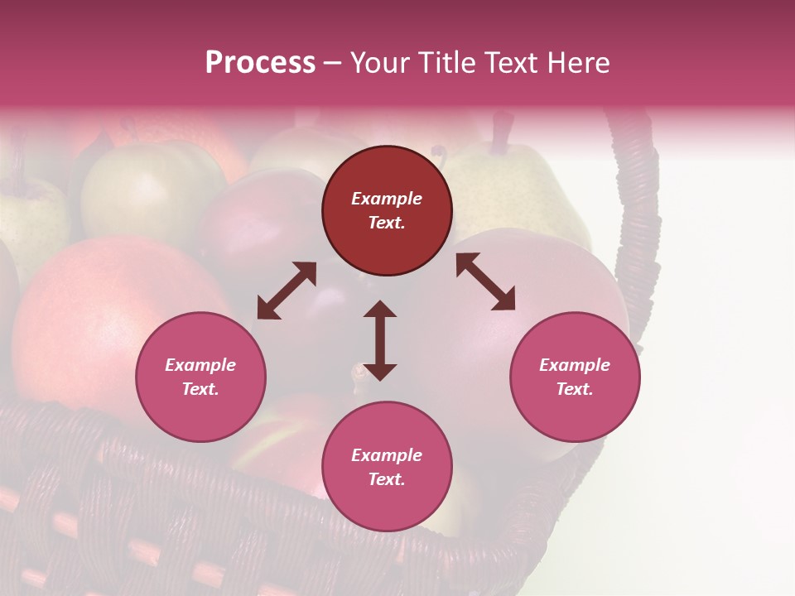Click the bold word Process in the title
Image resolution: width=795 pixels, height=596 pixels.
(x=260, y=63)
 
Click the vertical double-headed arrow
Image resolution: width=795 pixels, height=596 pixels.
(x=380, y=340)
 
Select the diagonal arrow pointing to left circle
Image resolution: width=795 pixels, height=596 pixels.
(x=287, y=291)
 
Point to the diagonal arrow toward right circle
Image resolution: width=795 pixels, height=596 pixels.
(x=485, y=281)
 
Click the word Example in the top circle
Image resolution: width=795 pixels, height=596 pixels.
(x=387, y=199)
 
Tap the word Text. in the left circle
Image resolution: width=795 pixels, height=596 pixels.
(x=200, y=389)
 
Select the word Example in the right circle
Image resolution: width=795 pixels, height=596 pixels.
(x=575, y=365)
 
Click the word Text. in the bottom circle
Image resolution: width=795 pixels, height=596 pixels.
(x=387, y=479)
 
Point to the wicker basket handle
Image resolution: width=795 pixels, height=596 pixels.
(x=641, y=215)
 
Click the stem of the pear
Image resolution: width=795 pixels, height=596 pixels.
(x=499, y=132)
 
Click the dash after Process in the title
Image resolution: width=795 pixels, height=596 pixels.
(x=332, y=63)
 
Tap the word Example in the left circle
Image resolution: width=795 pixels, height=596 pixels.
(x=200, y=365)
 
